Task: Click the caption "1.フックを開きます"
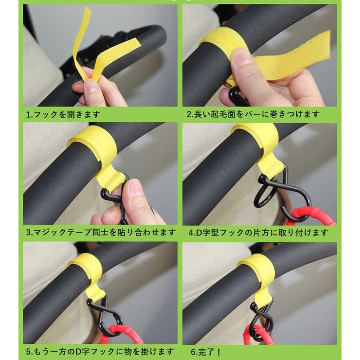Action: click(63, 115)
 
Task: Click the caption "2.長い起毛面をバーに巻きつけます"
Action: click(253, 115)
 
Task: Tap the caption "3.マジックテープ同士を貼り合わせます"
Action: click(100, 233)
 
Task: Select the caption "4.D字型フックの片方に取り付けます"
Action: click(258, 233)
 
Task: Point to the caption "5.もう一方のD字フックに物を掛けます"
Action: click(99, 351)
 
